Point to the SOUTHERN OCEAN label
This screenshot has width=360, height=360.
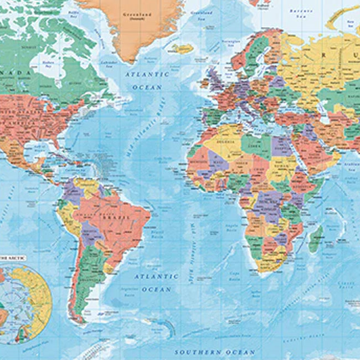tap(207, 352)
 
